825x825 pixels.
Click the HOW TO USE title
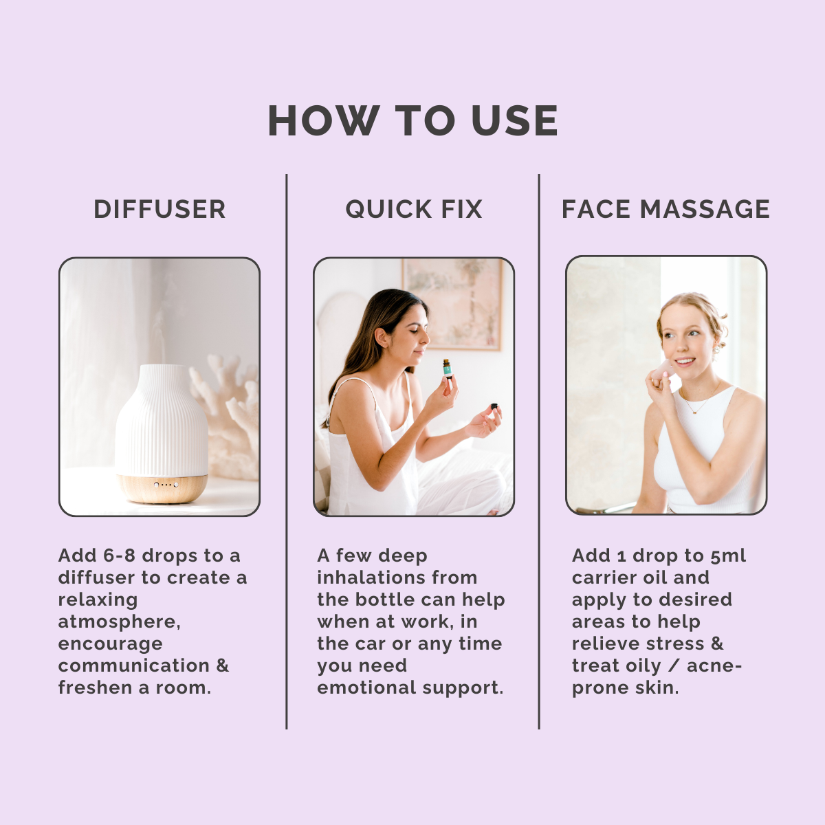click(x=412, y=120)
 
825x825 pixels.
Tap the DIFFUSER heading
click(x=159, y=209)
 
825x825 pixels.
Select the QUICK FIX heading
click(x=414, y=209)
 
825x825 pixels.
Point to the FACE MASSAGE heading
click(x=665, y=209)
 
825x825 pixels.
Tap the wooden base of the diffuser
click(x=162, y=488)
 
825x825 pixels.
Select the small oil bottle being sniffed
click(x=448, y=369)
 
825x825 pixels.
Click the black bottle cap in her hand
click(x=494, y=406)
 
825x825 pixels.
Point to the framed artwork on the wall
click(x=453, y=304)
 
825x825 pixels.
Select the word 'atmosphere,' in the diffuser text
click(x=120, y=621)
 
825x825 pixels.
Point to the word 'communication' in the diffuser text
click(x=134, y=665)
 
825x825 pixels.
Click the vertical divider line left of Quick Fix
click(x=287, y=451)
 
